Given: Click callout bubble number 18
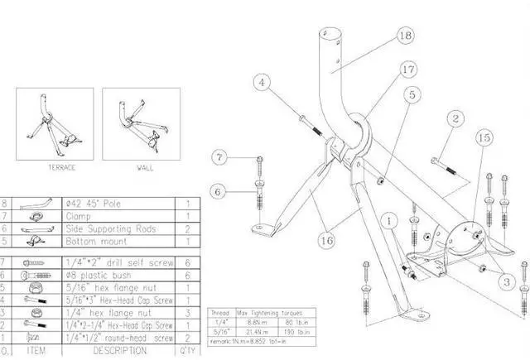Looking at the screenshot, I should pyautogui.click(x=405, y=36).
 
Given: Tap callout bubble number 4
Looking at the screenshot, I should pyautogui.click(x=262, y=82).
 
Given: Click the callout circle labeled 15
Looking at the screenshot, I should pyautogui.click(x=484, y=136).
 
